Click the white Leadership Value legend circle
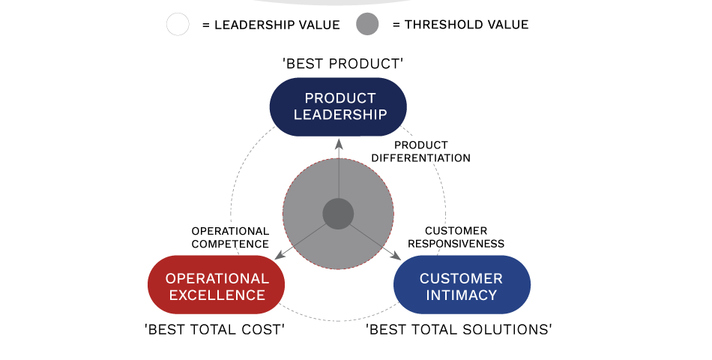[178, 24]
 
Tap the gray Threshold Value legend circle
[367, 24]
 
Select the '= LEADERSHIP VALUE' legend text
[271, 25]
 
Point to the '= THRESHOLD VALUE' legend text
[460, 25]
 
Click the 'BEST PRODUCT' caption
[343, 64]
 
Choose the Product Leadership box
[338, 106]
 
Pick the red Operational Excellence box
[216, 284]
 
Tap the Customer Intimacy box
[462, 284]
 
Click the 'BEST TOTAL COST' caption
[214, 329]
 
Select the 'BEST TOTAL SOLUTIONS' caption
[459, 329]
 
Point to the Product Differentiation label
[421, 151]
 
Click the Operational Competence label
[230, 238]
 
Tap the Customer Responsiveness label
[456, 237]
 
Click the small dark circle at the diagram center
[338, 214]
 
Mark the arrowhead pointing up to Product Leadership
[338, 144]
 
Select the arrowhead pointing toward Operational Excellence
[280, 255]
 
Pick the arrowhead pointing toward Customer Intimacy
[396, 255]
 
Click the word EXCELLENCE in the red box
[217, 295]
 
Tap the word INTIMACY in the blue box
[462, 295]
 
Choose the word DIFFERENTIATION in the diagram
[421, 157]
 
